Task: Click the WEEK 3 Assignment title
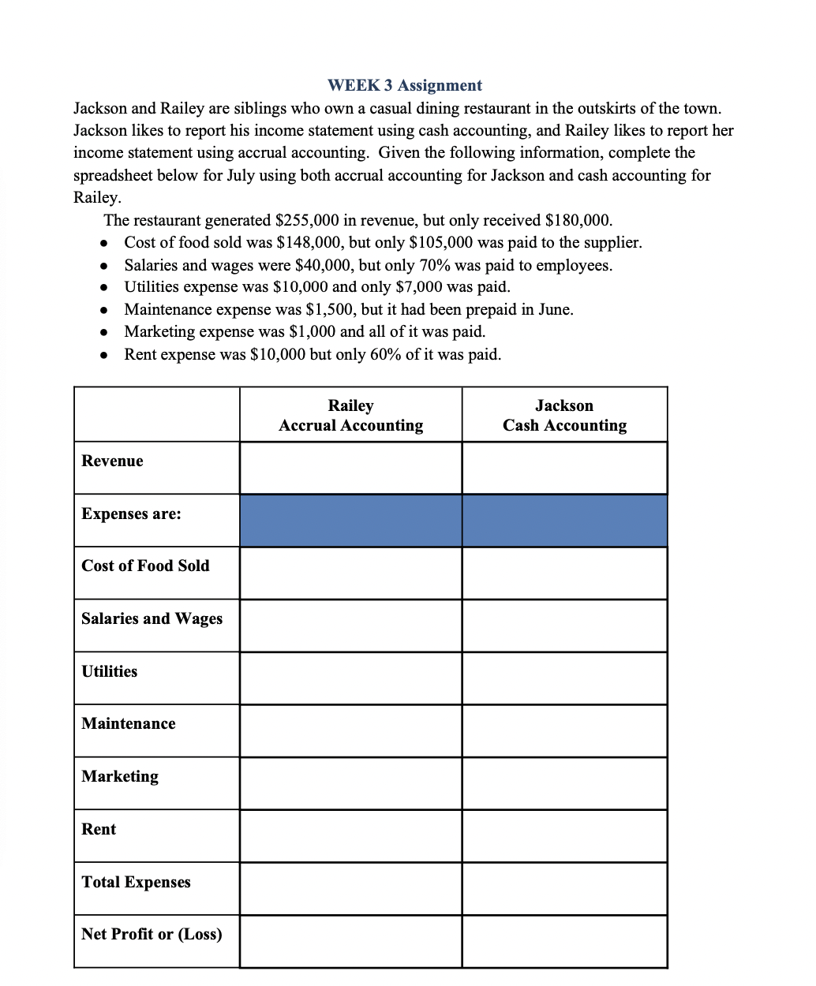[404, 85]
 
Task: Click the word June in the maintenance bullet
[554, 309]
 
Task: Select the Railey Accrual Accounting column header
[350, 415]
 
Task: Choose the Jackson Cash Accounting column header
[564, 415]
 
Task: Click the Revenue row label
[112, 461]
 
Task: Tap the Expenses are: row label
[131, 514]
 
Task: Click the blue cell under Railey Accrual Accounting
[350, 521]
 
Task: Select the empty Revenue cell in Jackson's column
[564, 468]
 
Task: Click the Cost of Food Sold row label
[145, 566]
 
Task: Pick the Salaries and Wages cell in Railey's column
[350, 626]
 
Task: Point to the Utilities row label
[109, 671]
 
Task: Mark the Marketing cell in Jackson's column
[564, 783]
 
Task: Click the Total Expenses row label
[136, 882]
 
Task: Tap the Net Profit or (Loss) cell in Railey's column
[350, 941]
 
